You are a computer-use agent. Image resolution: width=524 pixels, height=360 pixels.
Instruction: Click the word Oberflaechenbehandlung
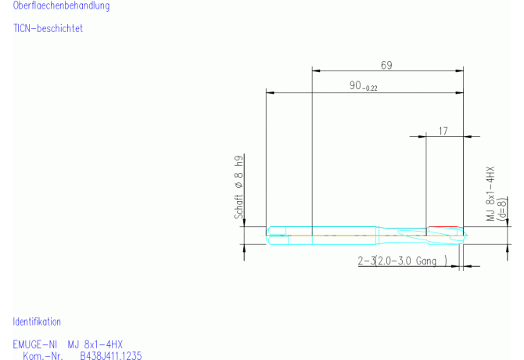(x=61, y=5)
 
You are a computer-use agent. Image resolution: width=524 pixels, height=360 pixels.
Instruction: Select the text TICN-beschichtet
(x=48, y=28)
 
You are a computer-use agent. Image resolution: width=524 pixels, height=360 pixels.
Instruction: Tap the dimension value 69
(x=386, y=65)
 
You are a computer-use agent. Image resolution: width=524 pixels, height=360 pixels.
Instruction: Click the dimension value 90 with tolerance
(x=363, y=86)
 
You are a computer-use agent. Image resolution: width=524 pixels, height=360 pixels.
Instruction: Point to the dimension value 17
(x=443, y=131)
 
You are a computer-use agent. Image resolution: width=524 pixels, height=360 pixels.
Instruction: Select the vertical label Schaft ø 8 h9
(x=239, y=187)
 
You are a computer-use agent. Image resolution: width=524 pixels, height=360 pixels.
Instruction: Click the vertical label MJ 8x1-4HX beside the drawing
(x=490, y=193)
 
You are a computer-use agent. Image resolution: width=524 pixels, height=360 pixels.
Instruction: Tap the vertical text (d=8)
(x=502, y=209)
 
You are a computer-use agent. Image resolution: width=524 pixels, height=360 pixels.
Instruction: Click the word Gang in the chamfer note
(x=426, y=261)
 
